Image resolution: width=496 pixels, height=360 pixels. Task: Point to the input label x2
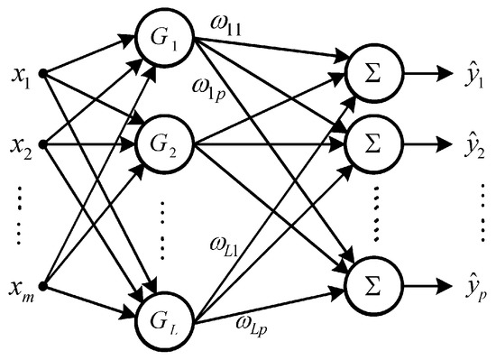[21, 143]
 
